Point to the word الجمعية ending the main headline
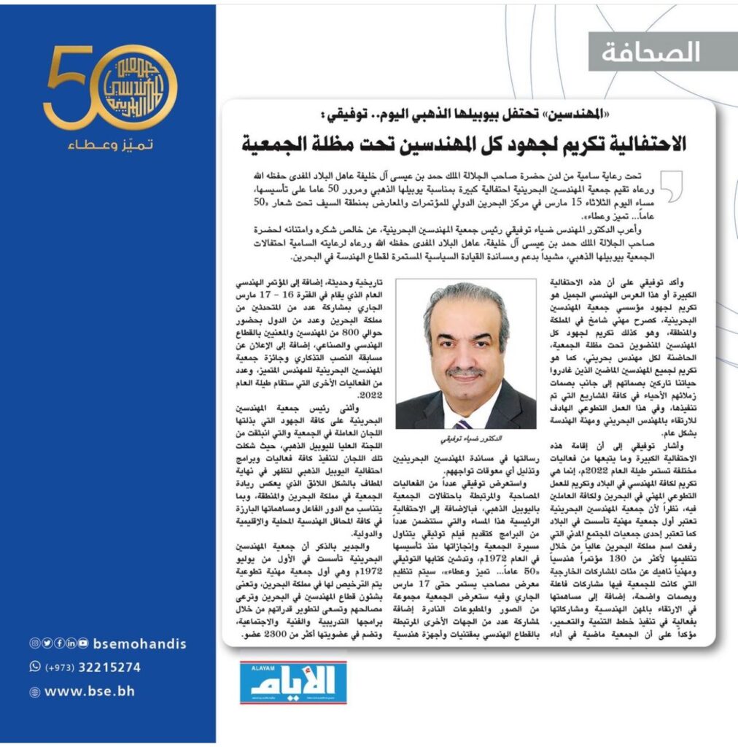click(278, 144)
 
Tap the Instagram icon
click(34, 643)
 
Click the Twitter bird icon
click(46, 643)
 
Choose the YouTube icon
click(84, 643)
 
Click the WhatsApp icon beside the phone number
click(34, 666)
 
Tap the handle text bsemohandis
click(139, 643)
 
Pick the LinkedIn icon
click(71, 643)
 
